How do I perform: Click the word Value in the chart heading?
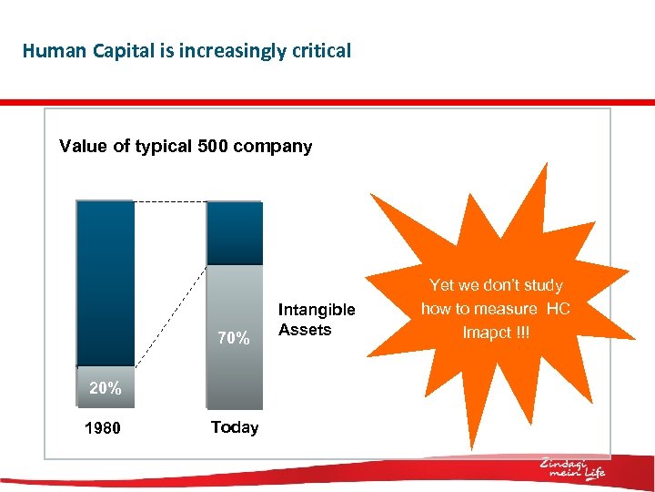pyautogui.click(x=84, y=147)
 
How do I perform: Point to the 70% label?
pyautogui.click(x=234, y=339)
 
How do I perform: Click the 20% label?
pyautogui.click(x=105, y=388)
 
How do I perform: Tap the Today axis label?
pyautogui.click(x=235, y=427)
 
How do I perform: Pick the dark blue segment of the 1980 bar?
pyautogui.click(x=106, y=282)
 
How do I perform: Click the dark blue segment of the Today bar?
pyautogui.click(x=235, y=232)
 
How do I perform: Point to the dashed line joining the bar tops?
pyautogui.click(x=170, y=200)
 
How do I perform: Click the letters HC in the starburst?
pyautogui.click(x=558, y=309)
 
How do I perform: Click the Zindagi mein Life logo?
pyautogui.click(x=572, y=468)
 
